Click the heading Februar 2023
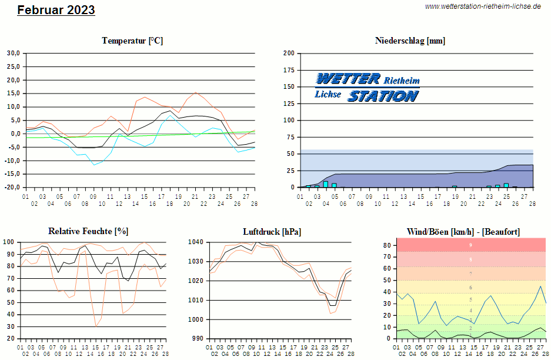pos(56,10)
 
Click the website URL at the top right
pos(482,6)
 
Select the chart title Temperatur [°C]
pos(132,41)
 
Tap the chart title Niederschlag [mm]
pos(410,41)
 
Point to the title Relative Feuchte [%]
pos(88,231)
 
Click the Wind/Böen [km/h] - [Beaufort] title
pos(463,231)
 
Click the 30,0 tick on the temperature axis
pos(13,53)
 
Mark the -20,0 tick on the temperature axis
pos(12,188)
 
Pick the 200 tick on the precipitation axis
pos(288,53)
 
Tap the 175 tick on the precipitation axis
pos(288,70)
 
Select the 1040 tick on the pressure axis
pos(196,242)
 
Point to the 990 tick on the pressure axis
pos(198,339)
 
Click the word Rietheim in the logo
pos(402,80)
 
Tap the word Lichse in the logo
pos(328,94)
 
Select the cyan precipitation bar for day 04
pos(326,184)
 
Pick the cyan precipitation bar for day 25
pos(506,185)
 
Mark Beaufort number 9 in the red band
pos(470,245)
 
